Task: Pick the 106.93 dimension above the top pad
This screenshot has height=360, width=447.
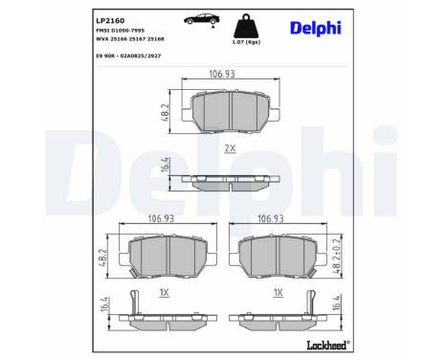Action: point(222,75)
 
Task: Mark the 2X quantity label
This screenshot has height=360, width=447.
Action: point(230,148)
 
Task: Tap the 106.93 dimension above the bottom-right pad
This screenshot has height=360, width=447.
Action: point(274,218)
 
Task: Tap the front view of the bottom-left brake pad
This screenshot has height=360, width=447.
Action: point(168,256)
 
